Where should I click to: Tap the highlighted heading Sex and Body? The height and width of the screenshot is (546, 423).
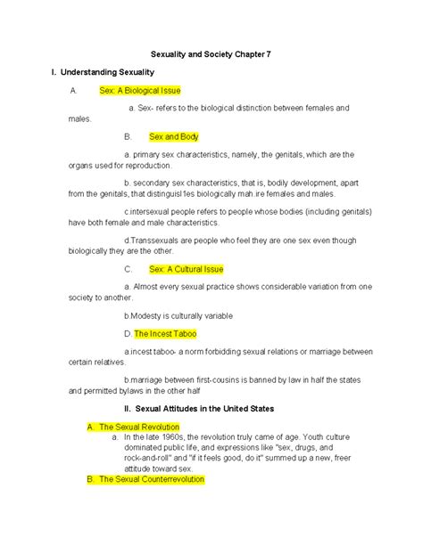point(174,136)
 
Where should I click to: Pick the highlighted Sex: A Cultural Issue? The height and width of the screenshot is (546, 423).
point(186,269)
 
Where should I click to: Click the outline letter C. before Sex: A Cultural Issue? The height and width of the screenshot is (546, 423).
point(129,269)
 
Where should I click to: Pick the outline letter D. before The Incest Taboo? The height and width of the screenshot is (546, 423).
point(129,333)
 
